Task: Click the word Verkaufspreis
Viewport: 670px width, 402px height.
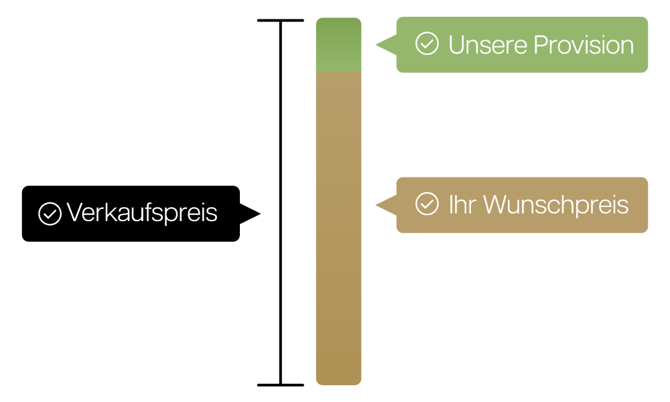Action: coord(142,213)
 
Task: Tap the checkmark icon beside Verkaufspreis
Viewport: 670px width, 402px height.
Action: coord(50,214)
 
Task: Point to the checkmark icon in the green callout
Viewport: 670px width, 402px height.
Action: coord(427,44)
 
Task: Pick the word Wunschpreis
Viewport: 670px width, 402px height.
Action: coord(555,205)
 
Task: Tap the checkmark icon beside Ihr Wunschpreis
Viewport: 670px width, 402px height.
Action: coord(427,204)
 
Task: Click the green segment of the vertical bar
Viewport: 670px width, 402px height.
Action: coord(338,45)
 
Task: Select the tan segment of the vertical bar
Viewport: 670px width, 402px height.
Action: coord(338,228)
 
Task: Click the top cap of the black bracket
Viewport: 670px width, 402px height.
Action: coord(280,21)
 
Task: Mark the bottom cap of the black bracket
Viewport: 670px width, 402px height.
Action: coord(280,385)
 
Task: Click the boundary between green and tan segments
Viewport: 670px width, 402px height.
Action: coord(338,72)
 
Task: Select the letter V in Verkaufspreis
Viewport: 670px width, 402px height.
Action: coord(74,213)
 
